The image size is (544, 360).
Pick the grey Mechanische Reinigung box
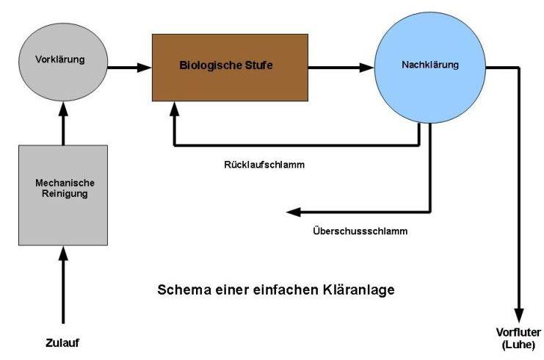click(x=62, y=194)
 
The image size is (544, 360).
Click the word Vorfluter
click(x=518, y=333)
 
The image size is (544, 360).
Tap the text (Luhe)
click(x=518, y=344)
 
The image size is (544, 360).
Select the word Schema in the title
click(x=182, y=289)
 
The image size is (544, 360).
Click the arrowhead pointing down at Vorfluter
click(x=518, y=313)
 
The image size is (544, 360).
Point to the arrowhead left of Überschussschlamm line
click(x=291, y=212)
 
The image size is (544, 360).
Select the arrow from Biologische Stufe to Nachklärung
click(x=341, y=68)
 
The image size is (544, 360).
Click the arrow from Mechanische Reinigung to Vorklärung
click(x=62, y=122)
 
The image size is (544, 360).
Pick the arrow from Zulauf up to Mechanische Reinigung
click(x=62, y=283)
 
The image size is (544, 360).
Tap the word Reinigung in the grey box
click(x=62, y=194)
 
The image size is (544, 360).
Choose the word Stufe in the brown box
click(x=258, y=65)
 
